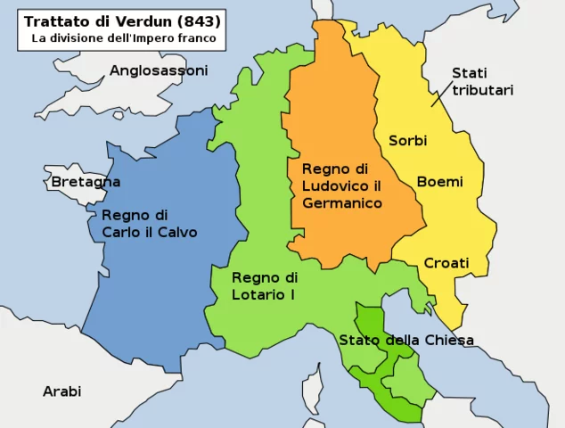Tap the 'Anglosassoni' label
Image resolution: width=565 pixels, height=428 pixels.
(159, 70)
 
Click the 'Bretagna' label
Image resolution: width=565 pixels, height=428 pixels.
(86, 182)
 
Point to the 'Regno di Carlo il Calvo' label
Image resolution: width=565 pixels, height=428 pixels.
(149, 224)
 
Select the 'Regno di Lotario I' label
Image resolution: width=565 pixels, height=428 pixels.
(264, 285)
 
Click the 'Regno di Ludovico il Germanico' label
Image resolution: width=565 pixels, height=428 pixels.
(342, 185)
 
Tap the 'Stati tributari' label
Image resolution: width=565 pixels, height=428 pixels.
(482, 81)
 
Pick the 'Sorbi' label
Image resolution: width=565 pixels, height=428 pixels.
(407, 141)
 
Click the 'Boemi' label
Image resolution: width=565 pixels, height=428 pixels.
(440, 182)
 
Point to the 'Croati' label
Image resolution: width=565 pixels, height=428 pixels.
(446, 263)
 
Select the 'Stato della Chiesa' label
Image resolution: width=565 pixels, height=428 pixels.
(405, 340)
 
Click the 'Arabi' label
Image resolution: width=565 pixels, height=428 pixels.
(61, 391)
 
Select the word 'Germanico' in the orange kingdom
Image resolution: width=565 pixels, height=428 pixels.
(342, 203)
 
